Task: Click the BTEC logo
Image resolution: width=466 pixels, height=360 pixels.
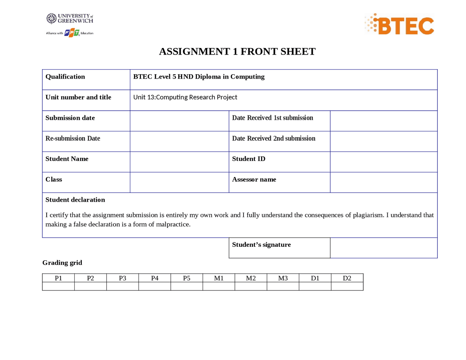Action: coord(400,25)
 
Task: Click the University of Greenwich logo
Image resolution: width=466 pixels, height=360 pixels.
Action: coord(70,19)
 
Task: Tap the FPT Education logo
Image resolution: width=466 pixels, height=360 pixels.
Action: coord(72,33)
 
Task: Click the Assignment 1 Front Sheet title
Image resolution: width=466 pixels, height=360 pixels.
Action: coord(237,52)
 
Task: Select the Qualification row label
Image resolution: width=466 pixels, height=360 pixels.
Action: coord(65,77)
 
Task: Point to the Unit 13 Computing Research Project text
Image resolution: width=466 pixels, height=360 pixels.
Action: coord(185,97)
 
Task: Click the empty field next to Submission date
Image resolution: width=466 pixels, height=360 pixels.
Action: coord(179,121)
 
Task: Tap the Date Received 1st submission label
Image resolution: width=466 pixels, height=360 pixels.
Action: coord(272,118)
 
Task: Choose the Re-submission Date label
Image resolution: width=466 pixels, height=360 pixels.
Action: coord(73,138)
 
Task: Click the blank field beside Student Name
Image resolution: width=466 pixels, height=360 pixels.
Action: coord(179,162)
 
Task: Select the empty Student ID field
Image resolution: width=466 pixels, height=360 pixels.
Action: coord(383,162)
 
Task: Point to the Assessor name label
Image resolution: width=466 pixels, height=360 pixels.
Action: coord(254,179)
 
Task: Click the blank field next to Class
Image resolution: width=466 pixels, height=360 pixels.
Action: coord(179,182)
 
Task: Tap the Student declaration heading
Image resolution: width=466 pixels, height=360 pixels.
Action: coord(75,200)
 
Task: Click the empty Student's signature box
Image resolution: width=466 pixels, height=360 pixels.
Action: coord(383,248)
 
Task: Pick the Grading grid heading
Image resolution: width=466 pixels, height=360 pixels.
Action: coord(62,263)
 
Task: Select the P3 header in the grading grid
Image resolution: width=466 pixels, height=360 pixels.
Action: coord(123,278)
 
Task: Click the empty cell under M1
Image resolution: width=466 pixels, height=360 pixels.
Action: coord(219,286)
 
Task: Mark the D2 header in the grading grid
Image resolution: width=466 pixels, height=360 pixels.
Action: coord(347,278)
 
